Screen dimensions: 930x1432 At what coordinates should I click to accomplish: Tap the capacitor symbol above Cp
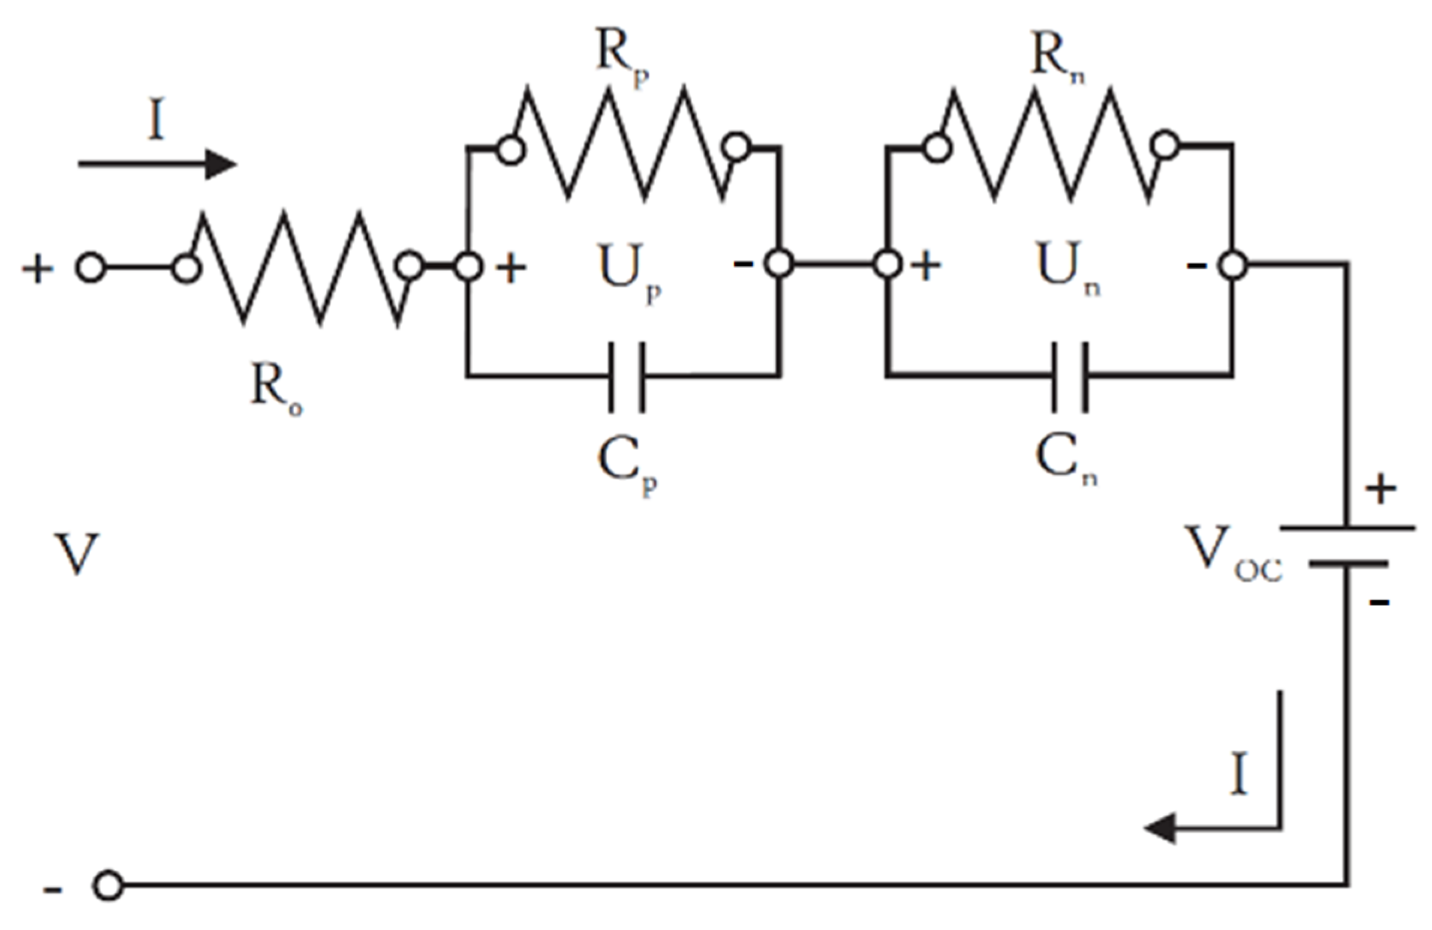627,377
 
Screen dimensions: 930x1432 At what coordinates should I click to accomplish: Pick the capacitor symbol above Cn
1069,377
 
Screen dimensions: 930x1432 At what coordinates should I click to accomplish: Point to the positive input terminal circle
91,268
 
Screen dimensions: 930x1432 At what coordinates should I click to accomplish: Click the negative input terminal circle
108,886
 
